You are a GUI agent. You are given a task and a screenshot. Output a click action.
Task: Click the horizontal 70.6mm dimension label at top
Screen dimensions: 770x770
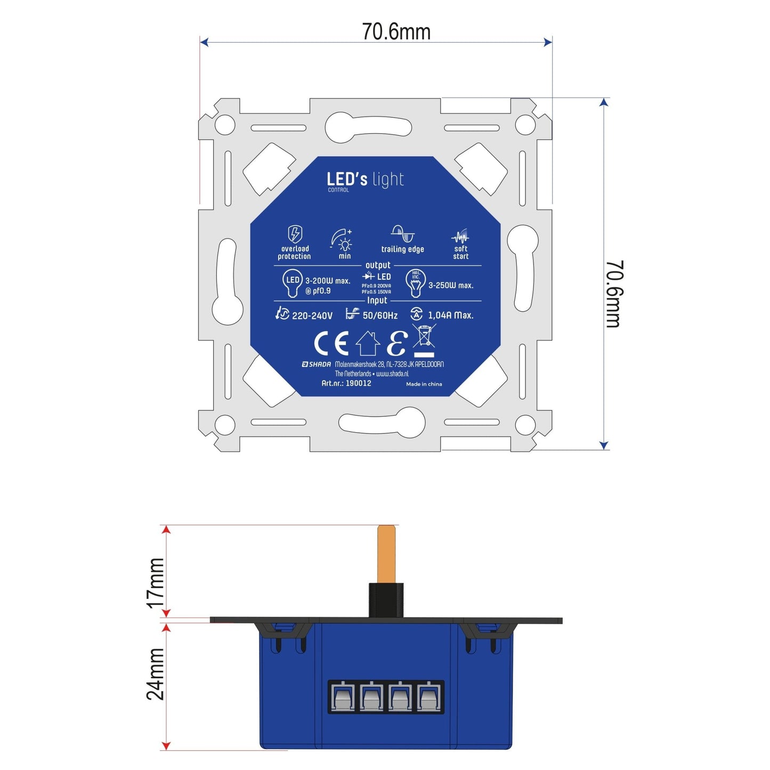point(396,31)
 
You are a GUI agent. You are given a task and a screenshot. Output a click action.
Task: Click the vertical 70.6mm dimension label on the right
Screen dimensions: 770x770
point(614,294)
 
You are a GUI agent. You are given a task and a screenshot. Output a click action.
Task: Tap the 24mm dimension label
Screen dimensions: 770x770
point(156,674)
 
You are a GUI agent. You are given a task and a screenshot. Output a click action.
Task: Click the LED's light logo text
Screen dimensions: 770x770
point(366,180)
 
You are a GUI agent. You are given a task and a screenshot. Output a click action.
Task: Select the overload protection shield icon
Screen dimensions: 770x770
point(295,234)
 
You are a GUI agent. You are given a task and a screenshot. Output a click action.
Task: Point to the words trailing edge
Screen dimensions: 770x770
point(402,249)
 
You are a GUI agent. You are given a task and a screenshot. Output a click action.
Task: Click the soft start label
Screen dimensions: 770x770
point(460,253)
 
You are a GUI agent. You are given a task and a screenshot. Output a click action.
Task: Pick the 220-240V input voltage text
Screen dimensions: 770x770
point(312,315)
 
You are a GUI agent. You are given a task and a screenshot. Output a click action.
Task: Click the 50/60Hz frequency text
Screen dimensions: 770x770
point(380,315)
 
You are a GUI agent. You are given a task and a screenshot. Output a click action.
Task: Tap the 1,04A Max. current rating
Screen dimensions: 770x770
point(450,315)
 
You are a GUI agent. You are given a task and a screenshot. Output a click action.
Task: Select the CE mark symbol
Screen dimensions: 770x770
point(331,343)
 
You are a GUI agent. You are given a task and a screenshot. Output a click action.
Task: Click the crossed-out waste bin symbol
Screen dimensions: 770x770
point(424,341)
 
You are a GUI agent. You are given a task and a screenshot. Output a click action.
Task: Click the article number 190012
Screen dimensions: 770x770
point(358,383)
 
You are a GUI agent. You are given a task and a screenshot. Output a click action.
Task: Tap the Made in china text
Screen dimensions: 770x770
point(424,384)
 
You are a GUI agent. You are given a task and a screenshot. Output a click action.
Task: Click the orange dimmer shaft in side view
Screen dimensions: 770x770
point(386,554)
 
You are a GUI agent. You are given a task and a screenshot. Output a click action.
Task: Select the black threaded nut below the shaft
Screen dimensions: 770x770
point(386,600)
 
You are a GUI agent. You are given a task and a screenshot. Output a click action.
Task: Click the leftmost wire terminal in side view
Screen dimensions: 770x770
point(342,697)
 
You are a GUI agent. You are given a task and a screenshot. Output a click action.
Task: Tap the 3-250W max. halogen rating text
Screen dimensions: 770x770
point(451,286)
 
